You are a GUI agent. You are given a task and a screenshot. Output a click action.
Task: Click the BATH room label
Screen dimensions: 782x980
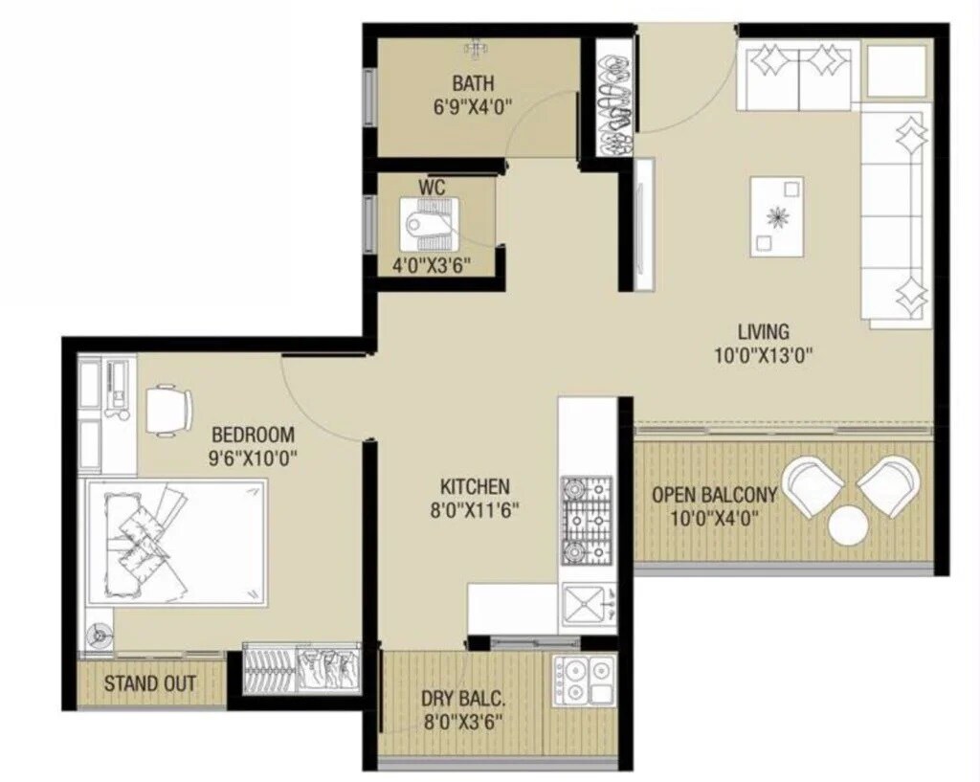[x=474, y=82]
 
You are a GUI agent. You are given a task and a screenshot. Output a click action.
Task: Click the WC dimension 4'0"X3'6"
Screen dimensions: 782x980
[x=431, y=266]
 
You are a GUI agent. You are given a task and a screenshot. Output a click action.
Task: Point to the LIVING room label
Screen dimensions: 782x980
[x=763, y=332]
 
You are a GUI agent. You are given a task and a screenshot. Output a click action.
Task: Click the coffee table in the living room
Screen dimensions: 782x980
[x=776, y=216]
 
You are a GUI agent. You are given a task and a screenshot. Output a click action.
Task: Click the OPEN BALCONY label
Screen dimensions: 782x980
[x=713, y=496]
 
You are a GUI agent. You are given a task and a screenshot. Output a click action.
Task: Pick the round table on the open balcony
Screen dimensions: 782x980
[x=848, y=525]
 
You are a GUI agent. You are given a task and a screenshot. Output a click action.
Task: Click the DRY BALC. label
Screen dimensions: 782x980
[x=462, y=697]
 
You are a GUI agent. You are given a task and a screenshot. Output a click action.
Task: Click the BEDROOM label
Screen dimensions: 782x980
[x=253, y=434]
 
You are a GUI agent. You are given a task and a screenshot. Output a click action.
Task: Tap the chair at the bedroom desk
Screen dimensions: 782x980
[x=168, y=410]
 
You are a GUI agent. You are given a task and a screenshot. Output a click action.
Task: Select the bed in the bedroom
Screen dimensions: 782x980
[x=176, y=542]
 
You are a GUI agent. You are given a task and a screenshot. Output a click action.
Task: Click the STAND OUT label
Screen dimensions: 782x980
[x=150, y=683]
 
